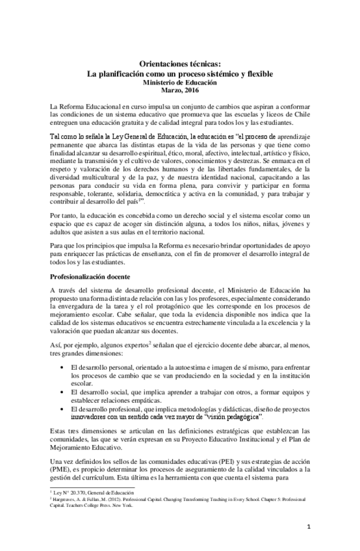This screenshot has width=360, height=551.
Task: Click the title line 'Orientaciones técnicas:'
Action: coord(181,64)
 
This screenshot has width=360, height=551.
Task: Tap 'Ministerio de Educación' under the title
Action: coord(181,83)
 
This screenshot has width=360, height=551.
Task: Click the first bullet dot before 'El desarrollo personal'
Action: coord(61,368)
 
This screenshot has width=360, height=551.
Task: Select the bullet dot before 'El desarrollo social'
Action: coord(61,393)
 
